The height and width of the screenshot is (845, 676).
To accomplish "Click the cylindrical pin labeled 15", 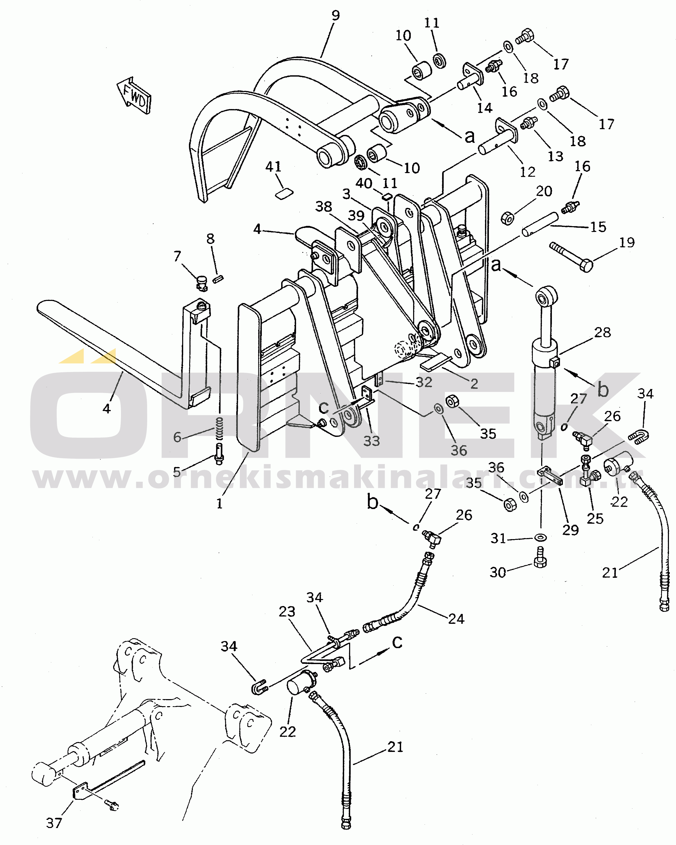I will (539, 224).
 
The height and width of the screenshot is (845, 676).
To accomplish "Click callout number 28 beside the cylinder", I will (602, 332).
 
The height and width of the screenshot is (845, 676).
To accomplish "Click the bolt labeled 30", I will (540, 562).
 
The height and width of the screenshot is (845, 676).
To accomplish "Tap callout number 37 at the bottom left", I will (54, 823).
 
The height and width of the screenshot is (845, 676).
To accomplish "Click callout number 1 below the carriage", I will (220, 504).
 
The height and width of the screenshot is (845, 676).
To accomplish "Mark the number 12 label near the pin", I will (527, 172).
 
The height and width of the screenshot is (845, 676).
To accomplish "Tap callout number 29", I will (570, 530).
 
